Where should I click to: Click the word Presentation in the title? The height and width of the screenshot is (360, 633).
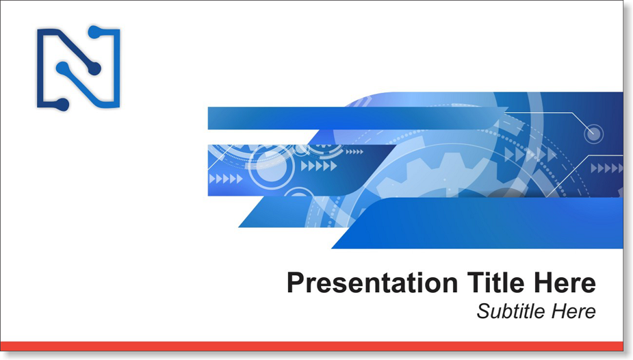(x=372, y=283)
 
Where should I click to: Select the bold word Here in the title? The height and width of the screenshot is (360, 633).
(x=565, y=283)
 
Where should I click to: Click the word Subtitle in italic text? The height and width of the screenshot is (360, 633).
(x=511, y=311)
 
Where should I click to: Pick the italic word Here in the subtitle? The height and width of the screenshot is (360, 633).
(x=573, y=311)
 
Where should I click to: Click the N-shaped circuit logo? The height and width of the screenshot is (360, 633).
(x=78, y=68)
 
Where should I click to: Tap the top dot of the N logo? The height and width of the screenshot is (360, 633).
(x=94, y=32)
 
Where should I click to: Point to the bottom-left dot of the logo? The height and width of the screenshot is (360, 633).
(x=63, y=104)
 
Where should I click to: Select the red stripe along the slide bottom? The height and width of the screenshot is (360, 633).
(x=311, y=346)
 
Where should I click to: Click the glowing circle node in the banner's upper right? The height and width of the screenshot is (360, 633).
(x=593, y=134)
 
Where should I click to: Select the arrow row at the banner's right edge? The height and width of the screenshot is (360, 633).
(x=607, y=168)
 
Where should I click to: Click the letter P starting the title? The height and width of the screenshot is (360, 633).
(x=296, y=283)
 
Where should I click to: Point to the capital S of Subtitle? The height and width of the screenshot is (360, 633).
(x=483, y=311)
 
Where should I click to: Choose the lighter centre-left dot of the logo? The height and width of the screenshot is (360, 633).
(x=62, y=68)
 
